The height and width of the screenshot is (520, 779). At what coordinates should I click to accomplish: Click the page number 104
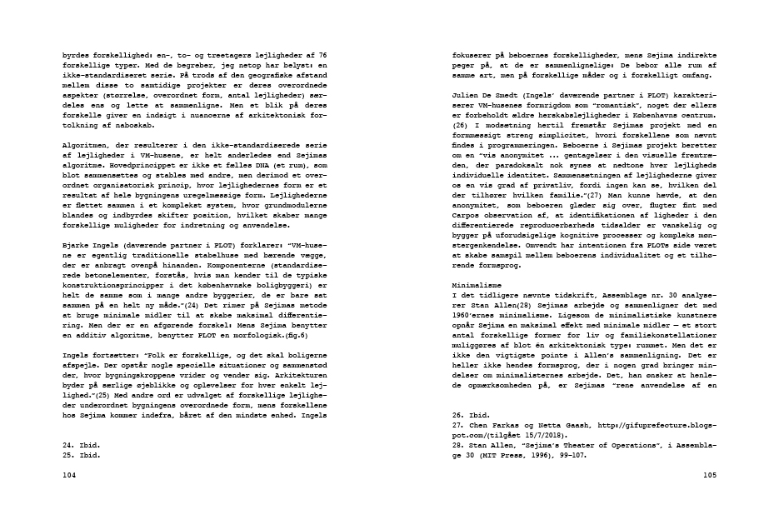(x=69, y=474)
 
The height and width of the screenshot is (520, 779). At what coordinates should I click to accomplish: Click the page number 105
(x=709, y=475)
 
